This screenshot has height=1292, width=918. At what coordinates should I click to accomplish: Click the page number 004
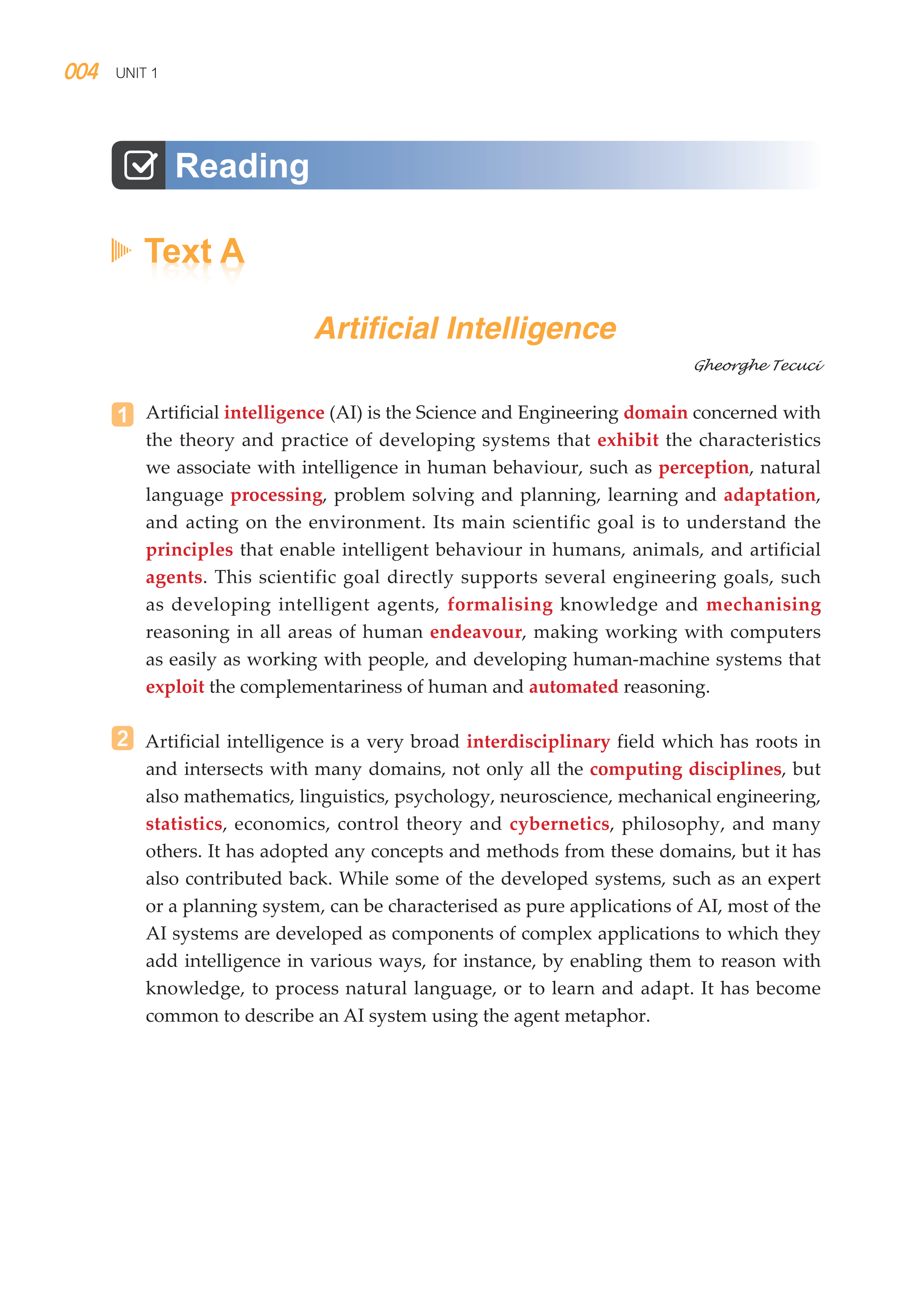click(x=81, y=72)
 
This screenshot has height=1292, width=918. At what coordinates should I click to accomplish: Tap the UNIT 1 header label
click(x=136, y=73)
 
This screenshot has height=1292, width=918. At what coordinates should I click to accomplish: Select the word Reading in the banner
click(x=242, y=166)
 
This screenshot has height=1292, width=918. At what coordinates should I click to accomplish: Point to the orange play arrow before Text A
click(x=121, y=250)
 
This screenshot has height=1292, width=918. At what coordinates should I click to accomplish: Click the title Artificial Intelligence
click(x=465, y=328)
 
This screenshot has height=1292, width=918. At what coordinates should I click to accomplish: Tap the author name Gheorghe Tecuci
click(x=758, y=366)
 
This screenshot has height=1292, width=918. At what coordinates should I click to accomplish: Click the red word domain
click(x=655, y=413)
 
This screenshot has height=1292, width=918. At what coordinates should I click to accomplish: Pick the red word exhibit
click(x=628, y=440)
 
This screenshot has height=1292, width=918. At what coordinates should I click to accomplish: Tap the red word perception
click(x=703, y=468)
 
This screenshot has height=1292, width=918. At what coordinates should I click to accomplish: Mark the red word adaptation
click(x=769, y=495)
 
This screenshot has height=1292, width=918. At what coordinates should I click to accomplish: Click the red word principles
click(x=189, y=550)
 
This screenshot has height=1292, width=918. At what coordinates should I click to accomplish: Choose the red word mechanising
click(x=763, y=605)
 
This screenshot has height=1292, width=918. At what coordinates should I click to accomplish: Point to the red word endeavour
click(x=476, y=632)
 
